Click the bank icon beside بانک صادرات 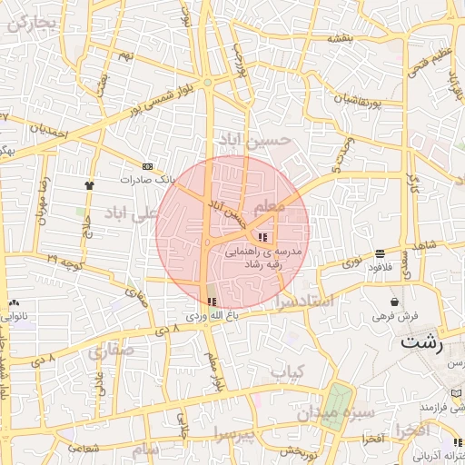148,166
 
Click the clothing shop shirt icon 89,184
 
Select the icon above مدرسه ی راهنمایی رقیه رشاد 263,237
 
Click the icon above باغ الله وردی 212,302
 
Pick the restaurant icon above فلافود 379,253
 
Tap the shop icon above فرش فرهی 394,302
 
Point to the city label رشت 422,344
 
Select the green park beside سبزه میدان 336,404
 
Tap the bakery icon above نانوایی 13,303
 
